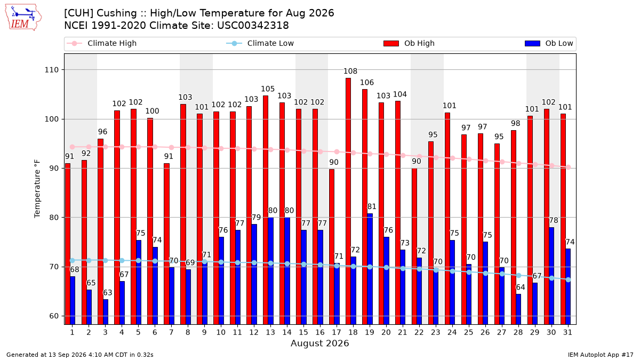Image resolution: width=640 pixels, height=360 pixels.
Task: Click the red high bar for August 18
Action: (348, 201)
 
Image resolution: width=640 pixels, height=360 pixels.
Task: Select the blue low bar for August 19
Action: (370, 269)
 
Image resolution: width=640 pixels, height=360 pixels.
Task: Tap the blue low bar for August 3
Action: (106, 312)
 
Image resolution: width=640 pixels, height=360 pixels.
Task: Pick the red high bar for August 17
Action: (331, 247)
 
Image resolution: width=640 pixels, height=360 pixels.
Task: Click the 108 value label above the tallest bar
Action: (350, 71)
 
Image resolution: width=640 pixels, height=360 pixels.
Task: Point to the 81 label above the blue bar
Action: (372, 206)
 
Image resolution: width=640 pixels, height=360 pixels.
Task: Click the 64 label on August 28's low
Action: (521, 287)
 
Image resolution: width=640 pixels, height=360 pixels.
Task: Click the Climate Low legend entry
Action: (260, 43)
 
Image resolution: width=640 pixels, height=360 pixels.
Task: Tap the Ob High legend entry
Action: (409, 43)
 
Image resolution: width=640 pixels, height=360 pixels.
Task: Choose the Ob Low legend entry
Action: (549, 43)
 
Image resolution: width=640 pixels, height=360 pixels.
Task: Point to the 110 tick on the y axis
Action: (51, 70)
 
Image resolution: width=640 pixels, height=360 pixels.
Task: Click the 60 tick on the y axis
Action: (54, 316)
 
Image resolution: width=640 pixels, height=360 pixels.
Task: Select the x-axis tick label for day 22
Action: (419, 332)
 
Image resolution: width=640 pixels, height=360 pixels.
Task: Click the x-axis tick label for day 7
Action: (171, 332)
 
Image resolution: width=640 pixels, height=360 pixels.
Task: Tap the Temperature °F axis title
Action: (37, 189)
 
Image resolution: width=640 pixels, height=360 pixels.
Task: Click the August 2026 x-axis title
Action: (319, 343)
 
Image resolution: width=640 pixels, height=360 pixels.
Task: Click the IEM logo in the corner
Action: (23, 18)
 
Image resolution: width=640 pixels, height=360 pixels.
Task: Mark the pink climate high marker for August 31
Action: (569, 167)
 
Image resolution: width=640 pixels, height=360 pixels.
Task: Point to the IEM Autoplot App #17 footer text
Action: (601, 355)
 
